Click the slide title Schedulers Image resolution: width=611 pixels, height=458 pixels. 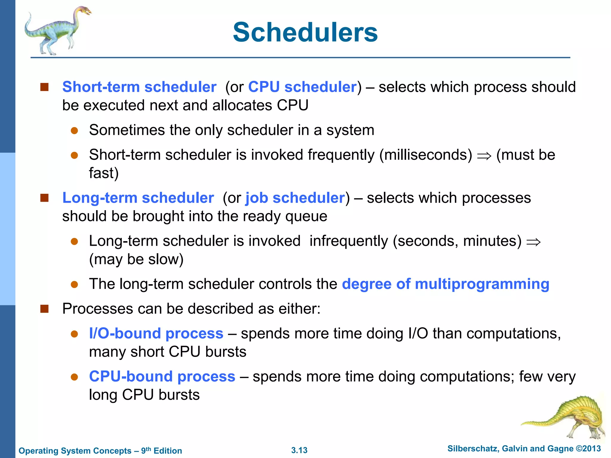pyautogui.click(x=305, y=32)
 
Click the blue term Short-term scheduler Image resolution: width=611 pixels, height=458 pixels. pyautogui.click(x=139, y=87)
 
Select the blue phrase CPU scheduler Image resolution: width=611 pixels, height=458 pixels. pyautogui.click(x=302, y=87)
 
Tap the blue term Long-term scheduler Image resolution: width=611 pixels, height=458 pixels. pyautogui.click(x=138, y=198)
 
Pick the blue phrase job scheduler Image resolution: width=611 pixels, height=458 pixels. pyautogui.click(x=295, y=198)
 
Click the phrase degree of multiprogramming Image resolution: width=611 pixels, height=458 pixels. pyautogui.click(x=445, y=284)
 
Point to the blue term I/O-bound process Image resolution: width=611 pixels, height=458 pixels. pyautogui.click(x=156, y=333)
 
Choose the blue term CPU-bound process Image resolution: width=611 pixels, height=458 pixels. pyautogui.click(x=162, y=376)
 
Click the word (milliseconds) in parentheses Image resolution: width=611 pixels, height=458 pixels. pyautogui.click(x=426, y=155)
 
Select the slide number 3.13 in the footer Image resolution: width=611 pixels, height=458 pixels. pyautogui.click(x=299, y=450)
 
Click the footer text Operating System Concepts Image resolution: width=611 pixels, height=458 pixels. pyautogui.click(x=75, y=451)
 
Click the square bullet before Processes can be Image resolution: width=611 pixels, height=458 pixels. pyautogui.click(x=44, y=309)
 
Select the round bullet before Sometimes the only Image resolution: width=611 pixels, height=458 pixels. pyautogui.click(x=74, y=131)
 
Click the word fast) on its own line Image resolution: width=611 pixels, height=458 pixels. pyautogui.click(x=104, y=173)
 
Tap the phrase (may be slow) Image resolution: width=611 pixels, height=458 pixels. pyautogui.click(x=136, y=259)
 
